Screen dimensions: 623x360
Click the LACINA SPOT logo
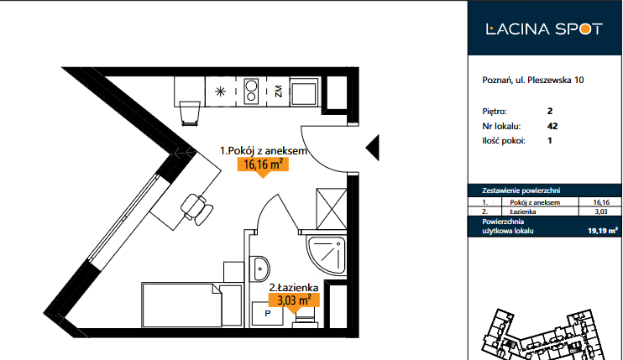tap(544, 29)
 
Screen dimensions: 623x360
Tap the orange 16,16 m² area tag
tap(263, 164)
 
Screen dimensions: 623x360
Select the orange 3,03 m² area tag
tap(294, 300)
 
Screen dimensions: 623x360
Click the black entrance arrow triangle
tap(373, 148)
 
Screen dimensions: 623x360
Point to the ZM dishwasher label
tap(278, 91)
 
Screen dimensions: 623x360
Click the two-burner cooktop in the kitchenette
tap(251, 91)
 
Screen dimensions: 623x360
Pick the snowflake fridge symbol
tap(220, 92)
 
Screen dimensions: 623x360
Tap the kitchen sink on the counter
tap(304, 91)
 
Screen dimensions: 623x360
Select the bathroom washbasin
tap(259, 269)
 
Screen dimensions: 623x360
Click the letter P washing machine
tap(268, 314)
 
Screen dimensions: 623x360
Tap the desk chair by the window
tap(197, 208)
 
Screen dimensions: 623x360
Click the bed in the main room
tap(192, 305)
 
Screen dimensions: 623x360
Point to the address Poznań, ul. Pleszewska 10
tap(533, 80)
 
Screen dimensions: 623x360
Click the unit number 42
tap(552, 126)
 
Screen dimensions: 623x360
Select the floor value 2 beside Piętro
tap(550, 111)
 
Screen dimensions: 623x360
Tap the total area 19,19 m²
tap(603, 231)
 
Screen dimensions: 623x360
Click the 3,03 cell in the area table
tap(601, 211)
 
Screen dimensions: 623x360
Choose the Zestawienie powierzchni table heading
tap(521, 190)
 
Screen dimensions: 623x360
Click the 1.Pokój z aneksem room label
tap(264, 151)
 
